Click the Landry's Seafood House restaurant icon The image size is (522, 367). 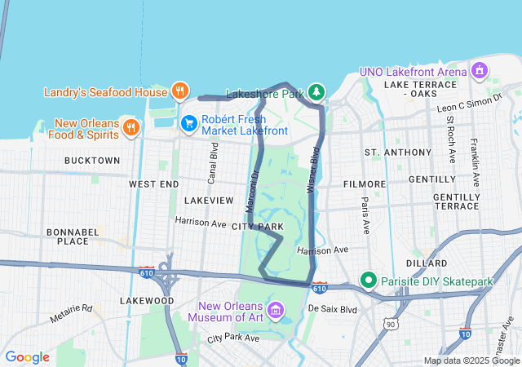(x=180, y=91)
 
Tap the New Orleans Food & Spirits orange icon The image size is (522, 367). (x=131, y=126)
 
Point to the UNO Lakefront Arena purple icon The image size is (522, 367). (x=479, y=71)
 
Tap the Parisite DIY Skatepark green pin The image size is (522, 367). (x=369, y=282)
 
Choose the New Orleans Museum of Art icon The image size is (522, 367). (x=276, y=310)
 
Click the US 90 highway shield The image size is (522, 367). (x=391, y=325)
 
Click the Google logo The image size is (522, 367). (x=27, y=356)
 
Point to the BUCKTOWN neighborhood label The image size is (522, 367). (x=91, y=161)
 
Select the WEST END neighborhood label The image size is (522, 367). (x=153, y=185)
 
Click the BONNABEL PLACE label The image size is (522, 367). (x=67, y=237)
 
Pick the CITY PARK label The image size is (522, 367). (x=257, y=226)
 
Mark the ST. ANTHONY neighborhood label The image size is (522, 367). (x=397, y=153)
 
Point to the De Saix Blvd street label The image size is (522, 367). (x=333, y=309)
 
